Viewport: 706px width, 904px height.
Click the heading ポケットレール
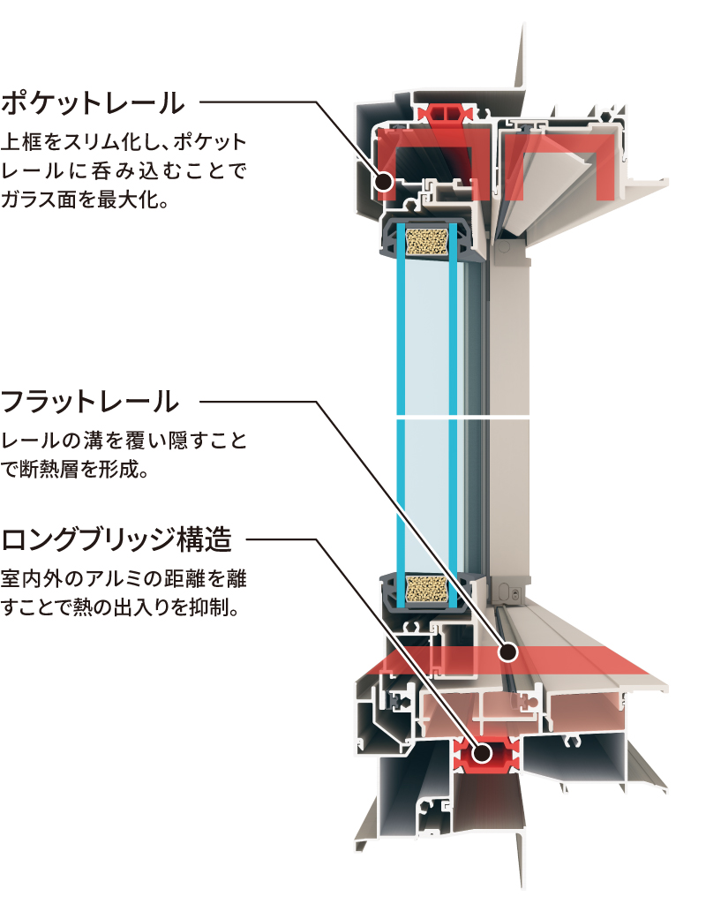94,102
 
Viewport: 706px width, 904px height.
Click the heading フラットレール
91,403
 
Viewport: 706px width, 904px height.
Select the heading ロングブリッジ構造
116,538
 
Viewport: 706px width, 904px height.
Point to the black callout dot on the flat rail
507,653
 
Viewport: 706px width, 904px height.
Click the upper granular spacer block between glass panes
426,239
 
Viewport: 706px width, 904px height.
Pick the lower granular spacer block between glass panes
426,589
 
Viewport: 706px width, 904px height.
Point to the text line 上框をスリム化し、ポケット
124,141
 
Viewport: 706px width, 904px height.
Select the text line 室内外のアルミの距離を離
124,579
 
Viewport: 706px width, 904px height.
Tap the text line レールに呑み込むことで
123,170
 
